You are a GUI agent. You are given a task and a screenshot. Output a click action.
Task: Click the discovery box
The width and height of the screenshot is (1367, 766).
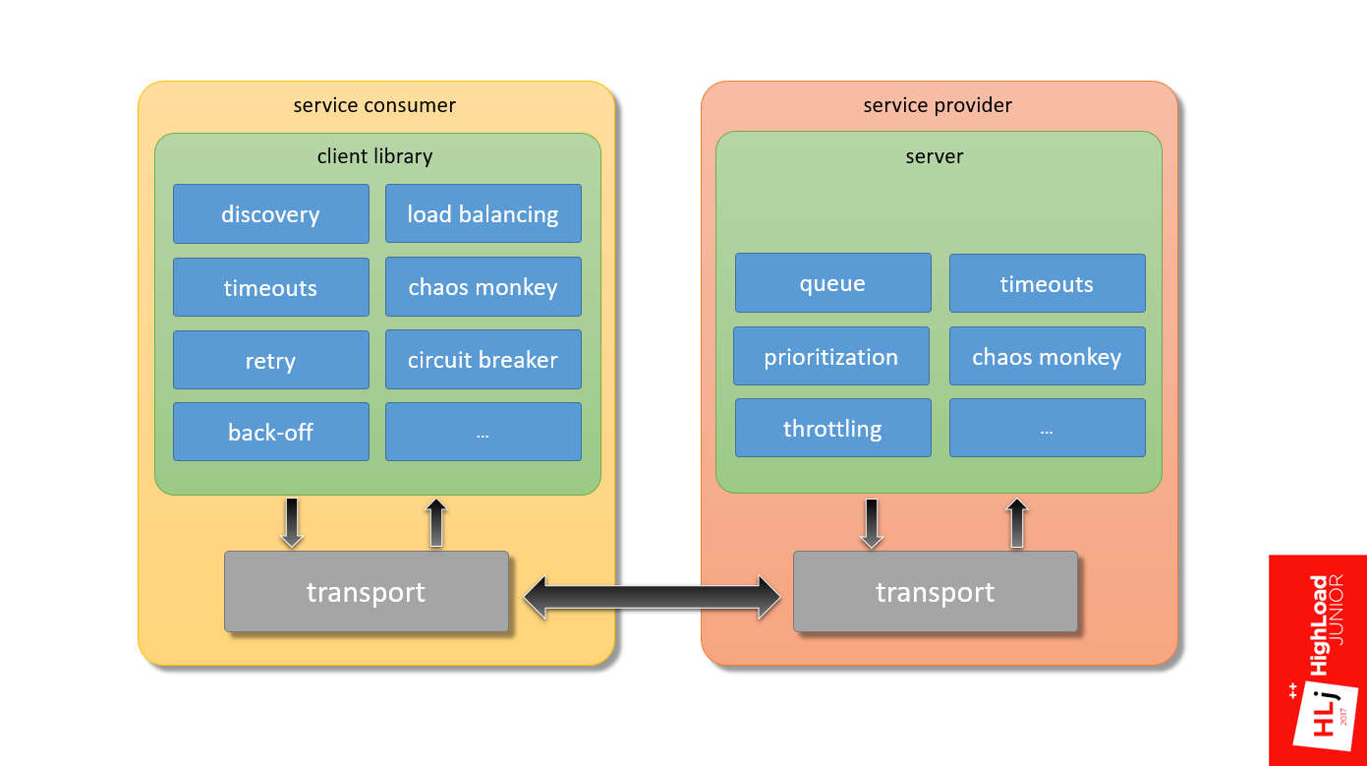tap(271, 213)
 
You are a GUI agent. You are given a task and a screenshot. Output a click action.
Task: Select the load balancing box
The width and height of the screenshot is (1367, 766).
tap(484, 213)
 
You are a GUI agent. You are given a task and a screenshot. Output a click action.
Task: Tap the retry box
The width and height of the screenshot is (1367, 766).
tap(271, 360)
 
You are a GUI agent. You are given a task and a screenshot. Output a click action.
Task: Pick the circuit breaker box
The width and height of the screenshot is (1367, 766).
tap(484, 359)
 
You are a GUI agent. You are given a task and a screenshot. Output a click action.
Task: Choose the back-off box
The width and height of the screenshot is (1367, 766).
tap(271, 432)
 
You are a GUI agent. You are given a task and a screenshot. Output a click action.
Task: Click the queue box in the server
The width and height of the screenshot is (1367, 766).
tap(833, 283)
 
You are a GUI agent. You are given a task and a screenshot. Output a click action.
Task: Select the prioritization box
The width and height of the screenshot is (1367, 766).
tap(831, 356)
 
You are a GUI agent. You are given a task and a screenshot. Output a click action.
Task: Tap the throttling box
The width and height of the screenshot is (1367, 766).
tap(833, 428)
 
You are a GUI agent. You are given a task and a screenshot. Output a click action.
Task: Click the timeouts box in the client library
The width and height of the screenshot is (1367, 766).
tap(271, 287)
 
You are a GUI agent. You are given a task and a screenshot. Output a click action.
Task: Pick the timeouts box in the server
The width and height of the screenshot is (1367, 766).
tap(1048, 283)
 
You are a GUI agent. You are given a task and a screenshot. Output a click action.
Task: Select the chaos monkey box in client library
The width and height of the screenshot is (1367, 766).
tap(484, 286)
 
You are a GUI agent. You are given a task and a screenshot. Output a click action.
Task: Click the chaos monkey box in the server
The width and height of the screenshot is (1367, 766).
tap(1048, 356)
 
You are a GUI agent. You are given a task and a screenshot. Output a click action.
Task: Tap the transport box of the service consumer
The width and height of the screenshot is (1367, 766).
tap(367, 591)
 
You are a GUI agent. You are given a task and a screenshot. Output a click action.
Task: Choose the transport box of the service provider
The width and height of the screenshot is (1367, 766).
tap(936, 591)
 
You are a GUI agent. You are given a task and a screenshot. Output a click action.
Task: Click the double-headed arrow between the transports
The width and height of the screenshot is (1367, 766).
tap(652, 597)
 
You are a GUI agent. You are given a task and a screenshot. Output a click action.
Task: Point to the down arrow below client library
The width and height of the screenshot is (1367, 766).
tap(292, 523)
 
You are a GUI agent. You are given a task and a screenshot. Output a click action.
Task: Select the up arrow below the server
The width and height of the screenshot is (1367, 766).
tap(1017, 523)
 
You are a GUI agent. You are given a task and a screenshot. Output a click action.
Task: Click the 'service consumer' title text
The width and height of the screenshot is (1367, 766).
tap(374, 105)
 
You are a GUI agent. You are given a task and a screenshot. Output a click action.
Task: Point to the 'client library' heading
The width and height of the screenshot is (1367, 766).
tap(374, 156)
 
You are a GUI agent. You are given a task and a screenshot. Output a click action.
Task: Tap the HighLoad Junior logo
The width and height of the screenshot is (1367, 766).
tap(1318, 661)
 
